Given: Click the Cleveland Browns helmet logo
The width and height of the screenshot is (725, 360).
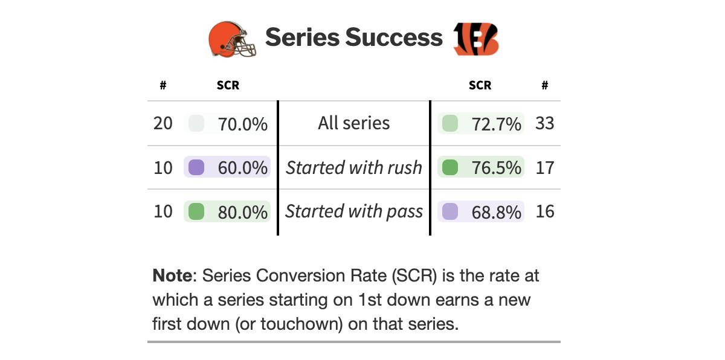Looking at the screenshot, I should coord(232,39).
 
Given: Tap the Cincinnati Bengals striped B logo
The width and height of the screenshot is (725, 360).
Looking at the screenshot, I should coord(476,39).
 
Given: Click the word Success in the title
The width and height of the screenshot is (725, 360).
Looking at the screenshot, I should coord(393,37).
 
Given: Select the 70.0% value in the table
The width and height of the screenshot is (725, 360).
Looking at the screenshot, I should coord(242,124).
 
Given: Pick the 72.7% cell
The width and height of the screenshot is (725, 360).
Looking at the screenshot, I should coord(496,124).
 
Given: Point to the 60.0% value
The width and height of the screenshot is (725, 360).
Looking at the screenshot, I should coord(242,167).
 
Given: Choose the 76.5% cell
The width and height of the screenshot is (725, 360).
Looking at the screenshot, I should coord(496,167).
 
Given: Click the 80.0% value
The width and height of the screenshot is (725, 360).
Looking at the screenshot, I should coord(242,211).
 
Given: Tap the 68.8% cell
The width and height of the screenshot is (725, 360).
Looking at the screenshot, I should coord(496,211).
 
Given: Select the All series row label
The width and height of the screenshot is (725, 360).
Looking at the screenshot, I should coord(354,123).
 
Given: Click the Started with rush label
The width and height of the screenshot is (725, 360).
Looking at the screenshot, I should coord(354,167).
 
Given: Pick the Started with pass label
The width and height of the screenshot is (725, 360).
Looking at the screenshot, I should coord(354,211).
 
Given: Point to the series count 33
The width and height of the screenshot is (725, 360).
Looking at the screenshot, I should coord(545,123).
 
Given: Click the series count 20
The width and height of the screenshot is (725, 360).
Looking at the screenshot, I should coord(163,123).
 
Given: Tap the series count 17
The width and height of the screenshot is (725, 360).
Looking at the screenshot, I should coord(545,167).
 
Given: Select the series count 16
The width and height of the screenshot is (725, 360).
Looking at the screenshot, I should coord(545,211).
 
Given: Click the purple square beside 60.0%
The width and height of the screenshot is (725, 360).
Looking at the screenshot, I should coord(196,167).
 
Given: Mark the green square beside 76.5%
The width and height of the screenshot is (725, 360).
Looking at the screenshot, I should coord(450,167).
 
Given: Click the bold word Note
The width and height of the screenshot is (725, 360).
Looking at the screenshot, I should coord(172,276).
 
